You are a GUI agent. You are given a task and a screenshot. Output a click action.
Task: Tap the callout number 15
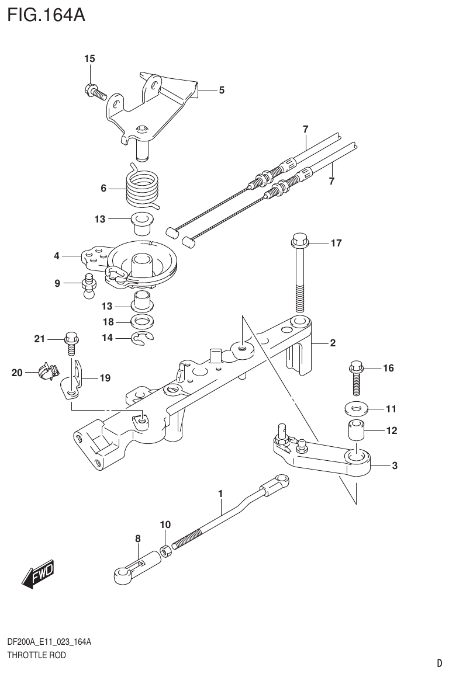[x=89, y=58]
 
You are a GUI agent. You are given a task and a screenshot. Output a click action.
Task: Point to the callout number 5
[x=222, y=90]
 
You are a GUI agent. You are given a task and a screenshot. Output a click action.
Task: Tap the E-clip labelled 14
[x=142, y=337]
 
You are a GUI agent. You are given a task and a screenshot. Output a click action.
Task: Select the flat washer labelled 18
[x=142, y=321]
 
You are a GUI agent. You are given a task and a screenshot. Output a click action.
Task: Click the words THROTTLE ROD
[x=36, y=655]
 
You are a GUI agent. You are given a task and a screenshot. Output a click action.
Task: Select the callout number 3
[x=395, y=465]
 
